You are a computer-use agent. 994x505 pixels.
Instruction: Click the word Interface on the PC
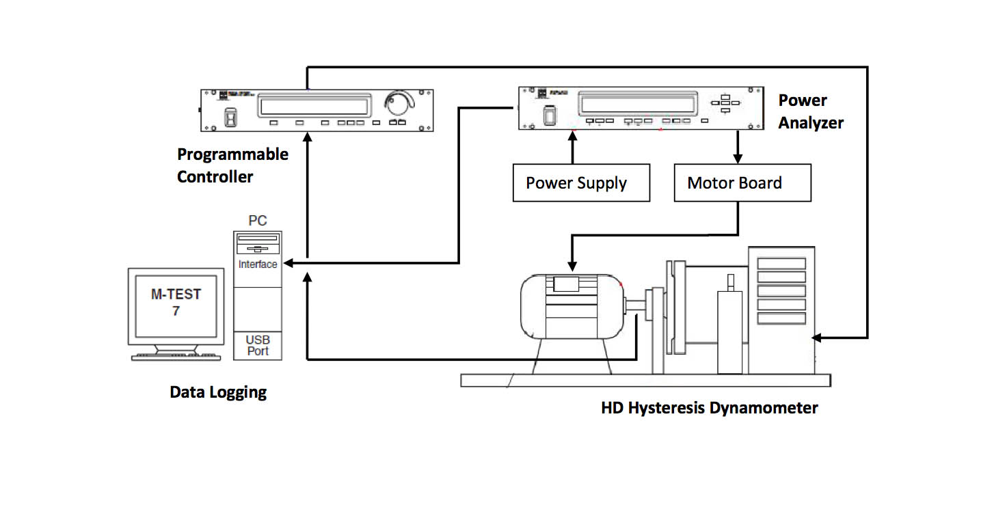pyautogui.click(x=258, y=264)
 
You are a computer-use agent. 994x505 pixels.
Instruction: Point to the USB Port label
pyautogui.click(x=258, y=346)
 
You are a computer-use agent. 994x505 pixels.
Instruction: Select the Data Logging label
pyautogui.click(x=218, y=392)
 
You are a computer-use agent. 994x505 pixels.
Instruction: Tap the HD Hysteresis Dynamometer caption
pyautogui.click(x=710, y=408)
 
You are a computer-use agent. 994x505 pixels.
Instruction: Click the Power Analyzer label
pyautogui.click(x=811, y=111)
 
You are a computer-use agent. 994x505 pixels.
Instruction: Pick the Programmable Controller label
pyautogui.click(x=232, y=165)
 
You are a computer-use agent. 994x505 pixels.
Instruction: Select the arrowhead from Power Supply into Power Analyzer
pyautogui.click(x=573, y=136)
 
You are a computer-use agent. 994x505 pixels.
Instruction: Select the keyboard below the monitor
pyautogui.click(x=176, y=357)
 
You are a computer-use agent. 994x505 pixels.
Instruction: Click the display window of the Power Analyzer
pyautogui.click(x=636, y=105)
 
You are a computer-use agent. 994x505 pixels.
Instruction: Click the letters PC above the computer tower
pyautogui.click(x=258, y=221)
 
